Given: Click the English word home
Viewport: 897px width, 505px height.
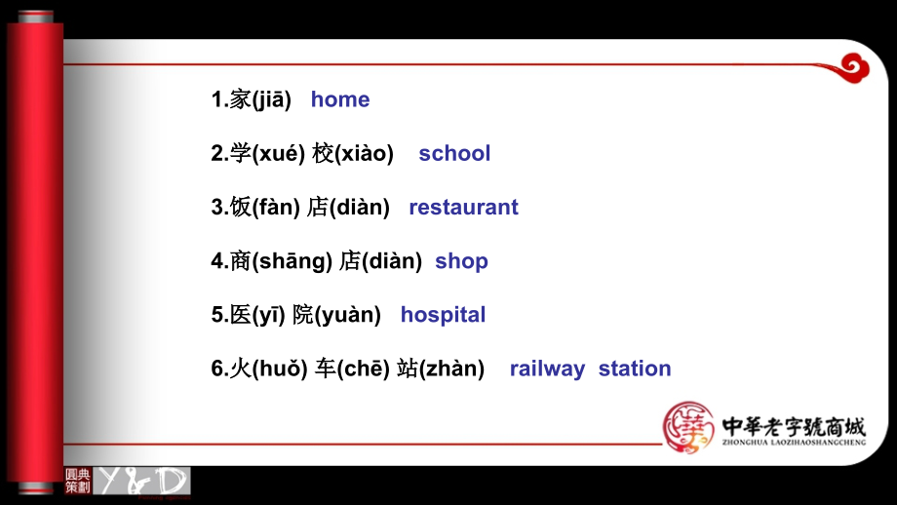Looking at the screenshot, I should (340, 99).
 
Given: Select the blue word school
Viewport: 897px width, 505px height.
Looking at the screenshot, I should (454, 153).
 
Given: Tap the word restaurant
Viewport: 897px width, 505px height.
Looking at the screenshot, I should (463, 207).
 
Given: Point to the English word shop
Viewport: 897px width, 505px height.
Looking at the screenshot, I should (461, 261).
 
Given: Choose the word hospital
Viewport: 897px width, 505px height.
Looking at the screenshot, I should (443, 315).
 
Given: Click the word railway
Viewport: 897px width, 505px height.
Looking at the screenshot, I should (547, 369).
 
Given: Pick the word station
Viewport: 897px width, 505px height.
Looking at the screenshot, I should (635, 369).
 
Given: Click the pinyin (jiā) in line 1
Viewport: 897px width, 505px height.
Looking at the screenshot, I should (271, 99).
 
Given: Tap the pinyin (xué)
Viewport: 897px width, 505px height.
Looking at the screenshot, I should (279, 153).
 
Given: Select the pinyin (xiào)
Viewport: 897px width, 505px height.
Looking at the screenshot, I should (364, 153).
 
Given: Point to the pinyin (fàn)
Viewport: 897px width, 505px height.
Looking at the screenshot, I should (278, 207).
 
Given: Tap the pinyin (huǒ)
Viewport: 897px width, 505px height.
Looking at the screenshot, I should (281, 369).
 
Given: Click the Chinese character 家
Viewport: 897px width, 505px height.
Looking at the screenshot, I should (240, 99).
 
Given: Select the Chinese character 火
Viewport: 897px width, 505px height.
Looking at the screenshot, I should (240, 369).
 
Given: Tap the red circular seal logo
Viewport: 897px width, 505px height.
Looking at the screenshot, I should (688, 427).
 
